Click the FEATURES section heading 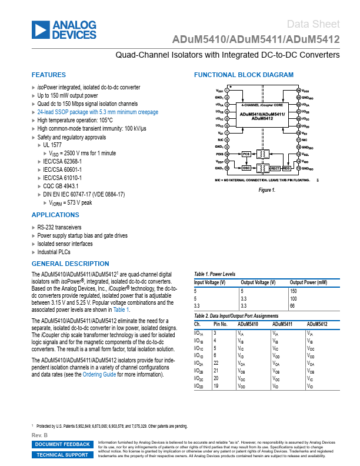(x=49, y=75)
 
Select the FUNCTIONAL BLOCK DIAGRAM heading (x=244, y=75)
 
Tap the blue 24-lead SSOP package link (x=98, y=112)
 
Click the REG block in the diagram (x=286, y=168)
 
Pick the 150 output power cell (x=294, y=291)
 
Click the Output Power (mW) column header (x=308, y=282)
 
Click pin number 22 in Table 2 (x=216, y=364)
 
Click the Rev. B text (x=39, y=435)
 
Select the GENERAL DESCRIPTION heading (x=70, y=264)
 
